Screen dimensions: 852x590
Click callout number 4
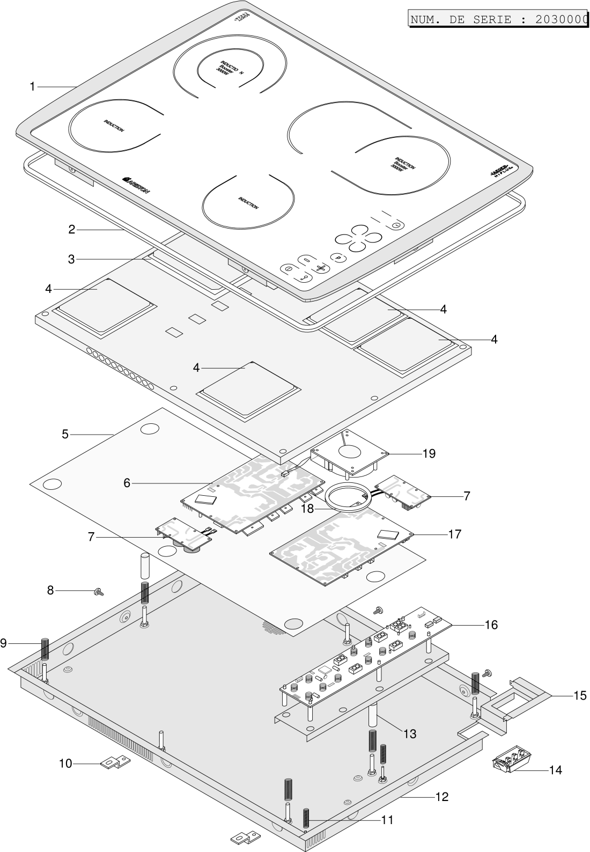coord(196,368)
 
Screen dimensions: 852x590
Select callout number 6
coord(127,483)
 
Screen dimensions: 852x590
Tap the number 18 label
coord(307,509)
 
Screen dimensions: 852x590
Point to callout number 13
coord(409,733)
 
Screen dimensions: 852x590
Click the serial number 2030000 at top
coord(560,20)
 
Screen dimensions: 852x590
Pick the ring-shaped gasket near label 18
coord(348,496)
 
